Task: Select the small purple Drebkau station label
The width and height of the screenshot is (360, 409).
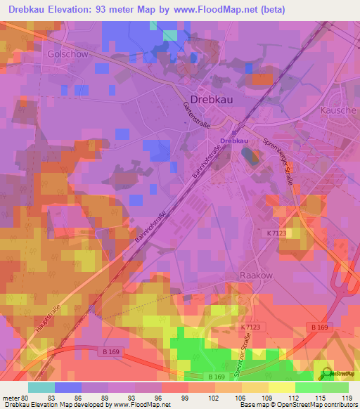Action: coord(234,141)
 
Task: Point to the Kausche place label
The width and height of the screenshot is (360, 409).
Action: coord(338,110)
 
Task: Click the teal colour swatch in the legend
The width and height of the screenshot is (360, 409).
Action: coord(41,387)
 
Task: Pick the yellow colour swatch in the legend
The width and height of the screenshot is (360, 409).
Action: coord(281,387)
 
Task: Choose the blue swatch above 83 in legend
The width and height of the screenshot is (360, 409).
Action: coord(67,387)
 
